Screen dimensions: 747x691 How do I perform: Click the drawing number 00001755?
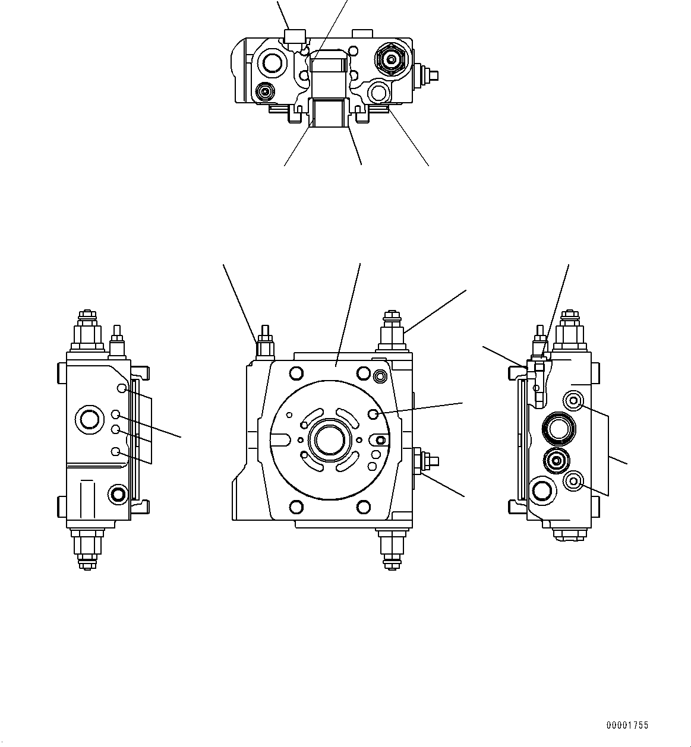point(627,725)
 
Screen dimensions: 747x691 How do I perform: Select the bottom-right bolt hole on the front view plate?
point(363,506)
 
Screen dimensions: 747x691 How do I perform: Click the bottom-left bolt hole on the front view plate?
point(295,506)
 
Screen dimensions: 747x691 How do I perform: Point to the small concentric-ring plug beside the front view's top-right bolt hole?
point(380,375)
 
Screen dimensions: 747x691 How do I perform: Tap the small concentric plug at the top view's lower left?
point(264,91)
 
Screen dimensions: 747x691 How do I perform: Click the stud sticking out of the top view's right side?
point(429,75)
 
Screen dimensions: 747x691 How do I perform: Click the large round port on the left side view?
point(90,419)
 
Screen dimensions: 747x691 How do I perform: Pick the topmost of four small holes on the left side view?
point(121,388)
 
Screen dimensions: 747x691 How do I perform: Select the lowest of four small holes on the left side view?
point(116,452)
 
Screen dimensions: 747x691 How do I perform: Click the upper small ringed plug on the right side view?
point(573,401)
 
